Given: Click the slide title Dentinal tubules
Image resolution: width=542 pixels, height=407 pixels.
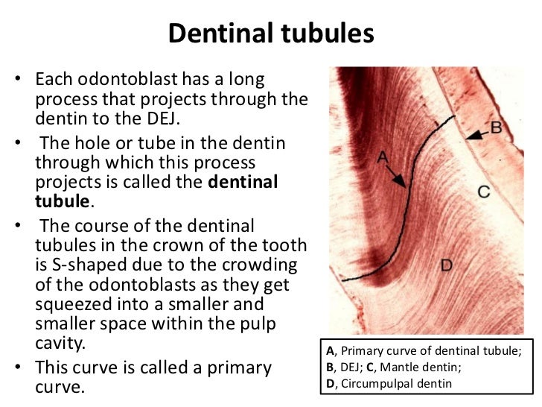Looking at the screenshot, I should pos(270,34).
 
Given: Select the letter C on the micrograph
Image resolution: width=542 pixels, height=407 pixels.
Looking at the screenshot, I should pos(483,192).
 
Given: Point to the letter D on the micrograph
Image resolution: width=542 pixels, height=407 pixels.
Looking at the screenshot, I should pos(446,264).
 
